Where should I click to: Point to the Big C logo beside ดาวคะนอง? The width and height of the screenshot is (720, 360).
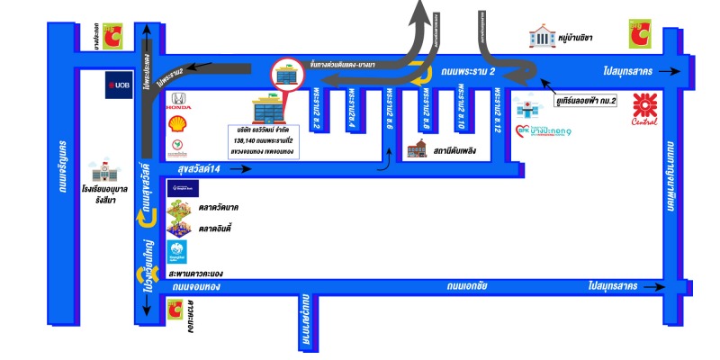tap(175, 310)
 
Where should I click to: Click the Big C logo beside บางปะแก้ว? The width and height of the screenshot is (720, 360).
tap(112, 35)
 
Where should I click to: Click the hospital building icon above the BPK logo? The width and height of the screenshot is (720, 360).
tap(524, 108)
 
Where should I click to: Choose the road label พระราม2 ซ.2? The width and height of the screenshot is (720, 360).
tap(317, 110)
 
